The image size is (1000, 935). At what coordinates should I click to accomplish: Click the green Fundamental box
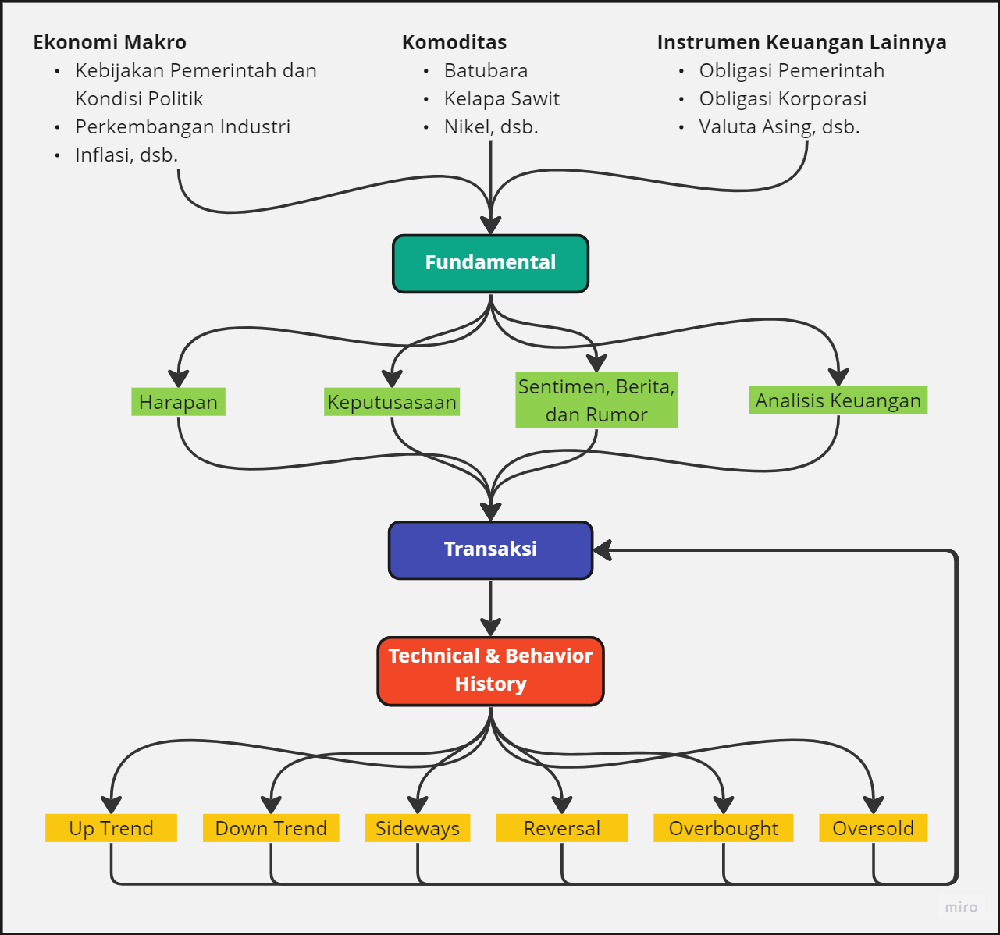[490, 264]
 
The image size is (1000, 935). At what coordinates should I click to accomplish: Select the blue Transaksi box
[490, 550]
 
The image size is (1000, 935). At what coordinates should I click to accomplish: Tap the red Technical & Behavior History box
[490, 671]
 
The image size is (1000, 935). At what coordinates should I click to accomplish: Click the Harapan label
[178, 402]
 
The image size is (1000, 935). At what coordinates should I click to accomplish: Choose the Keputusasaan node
[392, 402]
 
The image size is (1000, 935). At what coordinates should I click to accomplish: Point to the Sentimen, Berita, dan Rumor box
[596, 400]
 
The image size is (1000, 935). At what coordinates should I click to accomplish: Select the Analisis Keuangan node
[838, 400]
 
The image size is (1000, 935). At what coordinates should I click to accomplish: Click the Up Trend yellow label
[111, 828]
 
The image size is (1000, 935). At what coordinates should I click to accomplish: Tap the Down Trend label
[271, 828]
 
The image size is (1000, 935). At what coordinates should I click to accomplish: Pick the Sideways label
[418, 828]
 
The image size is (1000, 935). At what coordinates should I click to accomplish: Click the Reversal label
[562, 828]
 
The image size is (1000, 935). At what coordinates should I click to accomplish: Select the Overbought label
[724, 828]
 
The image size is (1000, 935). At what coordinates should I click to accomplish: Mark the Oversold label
[873, 828]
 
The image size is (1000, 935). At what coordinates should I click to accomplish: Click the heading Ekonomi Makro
[109, 42]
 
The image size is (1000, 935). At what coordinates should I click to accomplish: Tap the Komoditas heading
[454, 42]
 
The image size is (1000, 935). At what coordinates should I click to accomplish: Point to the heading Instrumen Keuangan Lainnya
[802, 42]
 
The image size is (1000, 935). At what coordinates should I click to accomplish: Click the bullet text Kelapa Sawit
[502, 99]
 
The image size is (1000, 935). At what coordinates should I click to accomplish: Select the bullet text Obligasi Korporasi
[783, 99]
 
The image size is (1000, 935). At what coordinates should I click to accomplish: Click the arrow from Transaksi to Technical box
[490, 607]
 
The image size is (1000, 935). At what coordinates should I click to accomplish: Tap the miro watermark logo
[961, 907]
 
